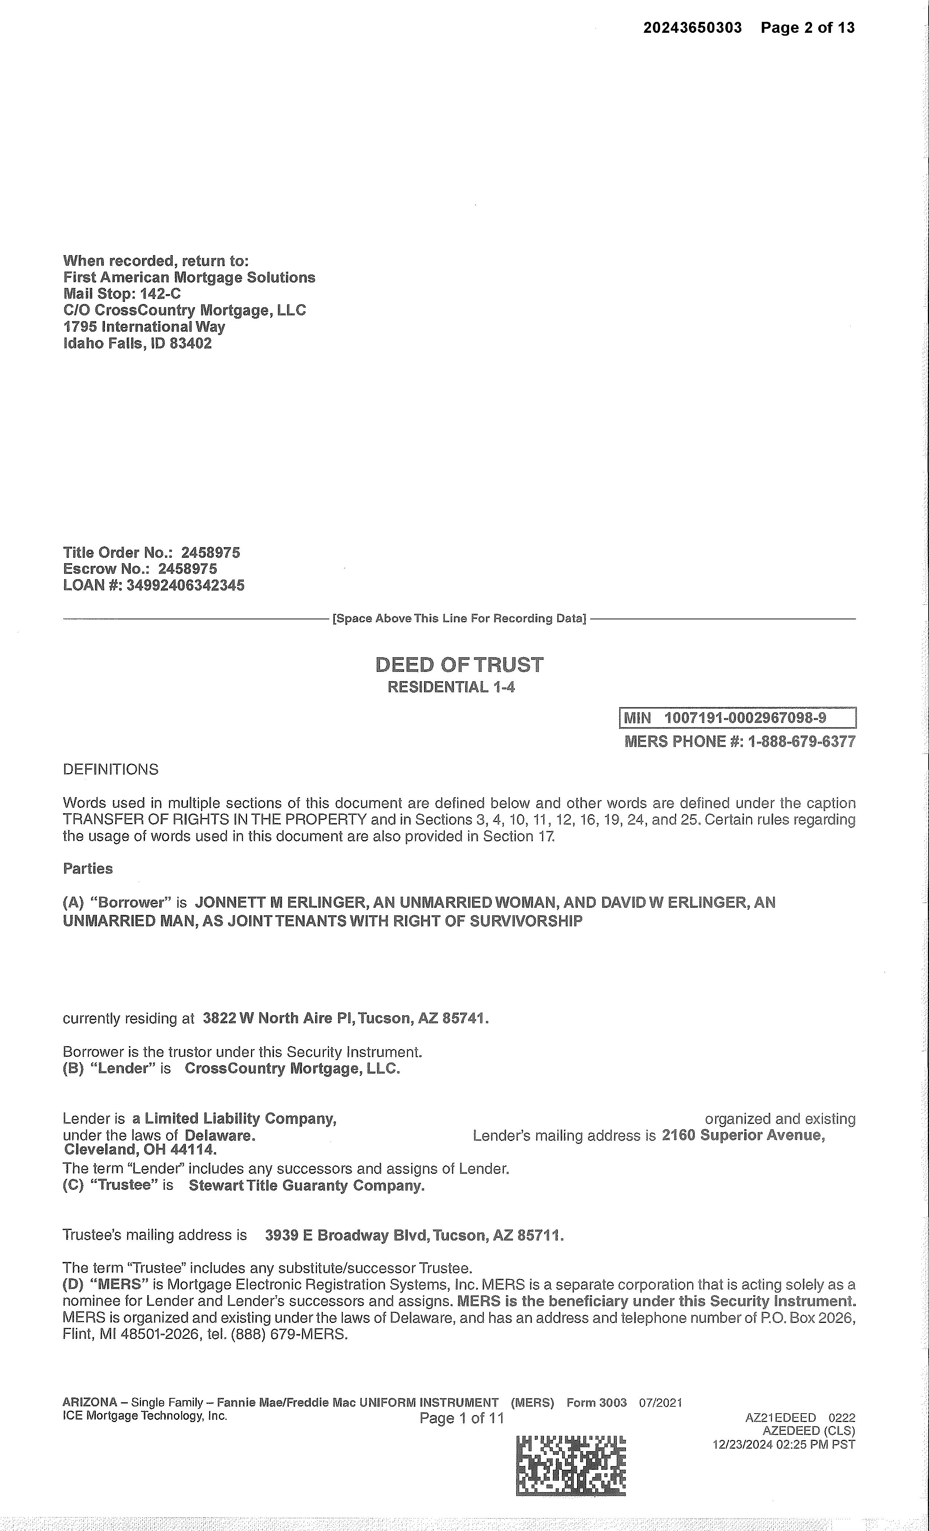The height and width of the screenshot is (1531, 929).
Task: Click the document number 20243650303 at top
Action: [693, 28]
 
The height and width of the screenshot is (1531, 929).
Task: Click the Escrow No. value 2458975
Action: [188, 569]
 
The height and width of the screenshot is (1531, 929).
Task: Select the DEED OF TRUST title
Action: [459, 666]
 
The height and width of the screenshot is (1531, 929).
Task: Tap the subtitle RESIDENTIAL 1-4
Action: [451, 687]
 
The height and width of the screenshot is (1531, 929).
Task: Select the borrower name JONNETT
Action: [227, 903]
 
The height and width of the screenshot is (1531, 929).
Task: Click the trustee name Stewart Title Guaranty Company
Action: [307, 1185]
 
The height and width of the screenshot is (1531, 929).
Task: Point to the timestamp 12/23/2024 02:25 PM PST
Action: [784, 1445]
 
